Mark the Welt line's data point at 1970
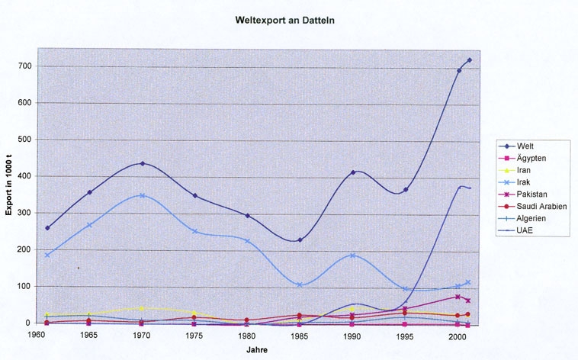pyautogui.click(x=143, y=163)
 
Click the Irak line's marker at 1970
pyautogui.click(x=143, y=196)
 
